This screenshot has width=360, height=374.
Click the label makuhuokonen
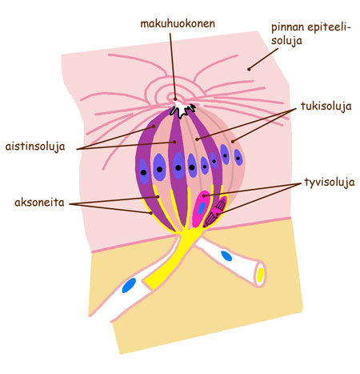[178, 24]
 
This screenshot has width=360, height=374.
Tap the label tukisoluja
[326, 107]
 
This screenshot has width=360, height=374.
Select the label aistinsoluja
[35, 147]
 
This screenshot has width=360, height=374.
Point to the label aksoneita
[39, 203]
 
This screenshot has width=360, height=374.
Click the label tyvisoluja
[330, 183]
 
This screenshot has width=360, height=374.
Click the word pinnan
[287, 28]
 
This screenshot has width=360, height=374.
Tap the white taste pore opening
[183, 110]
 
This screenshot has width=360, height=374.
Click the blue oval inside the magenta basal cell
[202, 208]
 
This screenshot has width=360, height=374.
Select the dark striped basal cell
[215, 211]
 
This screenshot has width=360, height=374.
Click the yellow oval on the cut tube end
[260, 275]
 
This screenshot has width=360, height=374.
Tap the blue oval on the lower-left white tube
[129, 285]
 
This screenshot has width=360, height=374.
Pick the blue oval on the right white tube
[226, 255]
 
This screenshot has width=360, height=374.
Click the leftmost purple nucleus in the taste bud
[144, 171]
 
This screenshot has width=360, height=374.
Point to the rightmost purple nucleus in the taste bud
[238, 157]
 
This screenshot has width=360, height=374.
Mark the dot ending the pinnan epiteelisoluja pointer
[249, 69]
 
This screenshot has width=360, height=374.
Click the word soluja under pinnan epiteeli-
[286, 41]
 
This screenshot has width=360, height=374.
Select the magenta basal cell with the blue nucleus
[202, 208]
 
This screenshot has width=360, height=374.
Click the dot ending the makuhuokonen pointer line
[175, 99]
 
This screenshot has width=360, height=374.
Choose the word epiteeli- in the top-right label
[330, 28]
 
